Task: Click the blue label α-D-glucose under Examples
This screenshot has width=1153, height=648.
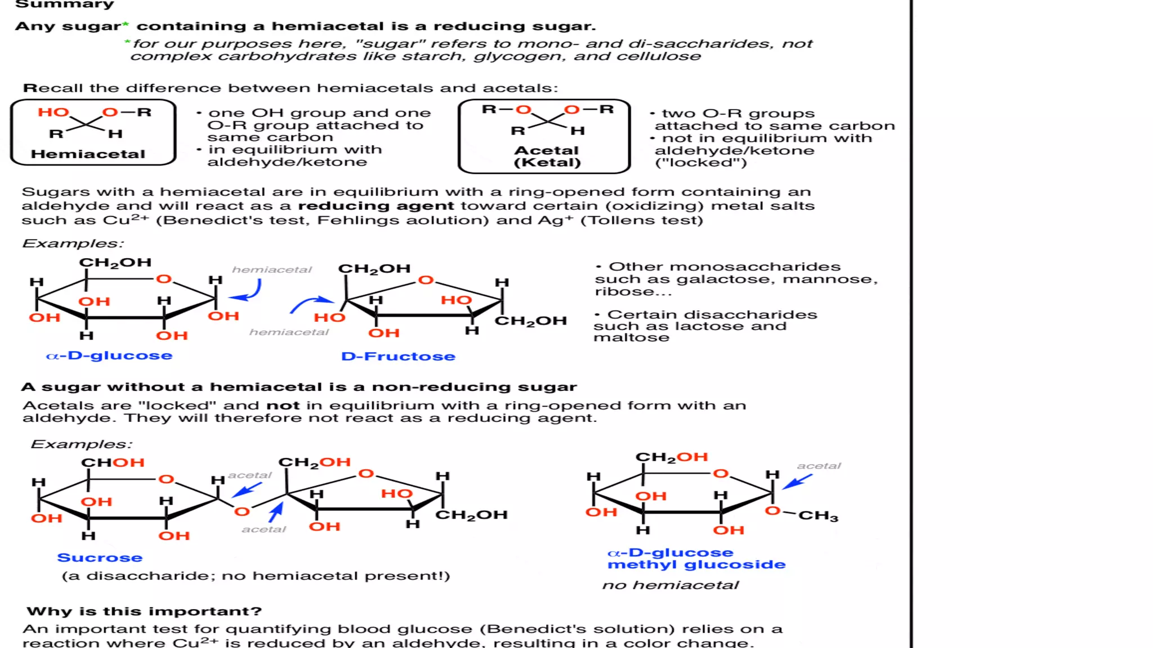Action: [x=109, y=355]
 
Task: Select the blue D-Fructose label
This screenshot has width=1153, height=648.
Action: [x=398, y=356]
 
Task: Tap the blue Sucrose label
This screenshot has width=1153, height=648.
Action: [x=100, y=557]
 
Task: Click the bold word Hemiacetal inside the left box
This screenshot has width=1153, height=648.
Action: [x=88, y=154]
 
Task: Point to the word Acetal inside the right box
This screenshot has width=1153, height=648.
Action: [x=546, y=151]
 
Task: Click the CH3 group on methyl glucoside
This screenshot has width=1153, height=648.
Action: [x=818, y=516]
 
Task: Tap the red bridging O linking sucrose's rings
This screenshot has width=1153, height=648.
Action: [x=242, y=511]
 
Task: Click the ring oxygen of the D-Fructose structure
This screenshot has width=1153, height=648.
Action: [x=426, y=280]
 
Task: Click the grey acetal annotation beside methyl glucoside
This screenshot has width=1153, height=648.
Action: [x=819, y=466]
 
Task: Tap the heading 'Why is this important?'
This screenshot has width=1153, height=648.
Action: [x=144, y=611]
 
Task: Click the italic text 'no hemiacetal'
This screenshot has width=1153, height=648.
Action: [x=670, y=585]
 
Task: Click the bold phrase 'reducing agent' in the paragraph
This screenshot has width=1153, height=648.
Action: [x=376, y=206]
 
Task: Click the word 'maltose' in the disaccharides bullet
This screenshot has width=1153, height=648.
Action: [x=631, y=337]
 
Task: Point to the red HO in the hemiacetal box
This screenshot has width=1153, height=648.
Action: [x=53, y=112]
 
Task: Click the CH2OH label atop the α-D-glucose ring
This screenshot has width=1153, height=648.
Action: [x=115, y=263]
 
